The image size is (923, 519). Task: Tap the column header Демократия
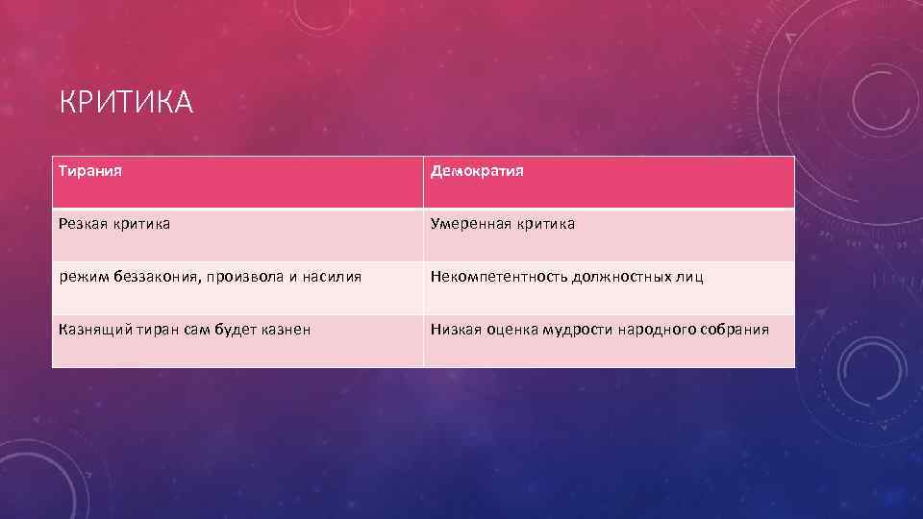pyautogui.click(x=477, y=171)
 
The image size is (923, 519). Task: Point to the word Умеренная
pyautogui.click(x=471, y=224)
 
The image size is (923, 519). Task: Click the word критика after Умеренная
pyautogui.click(x=545, y=224)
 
